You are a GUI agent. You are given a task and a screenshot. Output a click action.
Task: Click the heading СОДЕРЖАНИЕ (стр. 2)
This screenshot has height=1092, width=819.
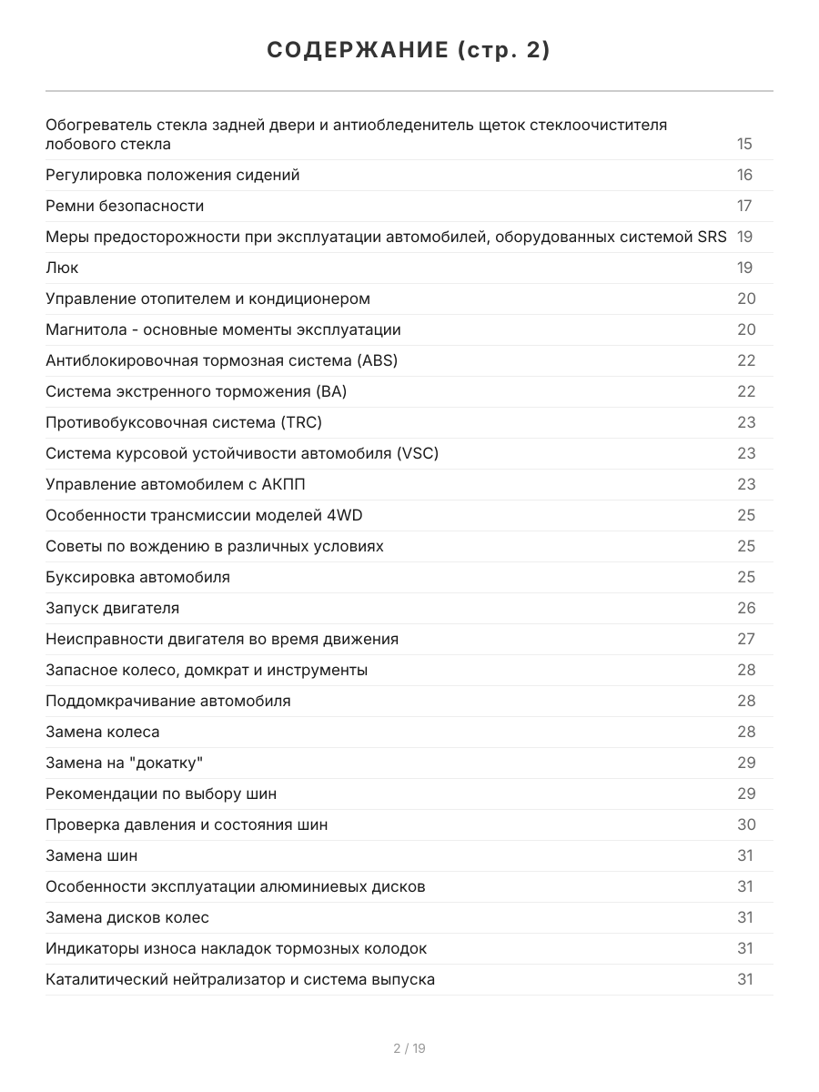[409, 51]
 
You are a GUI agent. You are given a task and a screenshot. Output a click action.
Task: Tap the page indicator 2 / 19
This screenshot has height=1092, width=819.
[409, 1048]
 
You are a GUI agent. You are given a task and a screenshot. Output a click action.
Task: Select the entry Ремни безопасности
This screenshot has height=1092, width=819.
[125, 207]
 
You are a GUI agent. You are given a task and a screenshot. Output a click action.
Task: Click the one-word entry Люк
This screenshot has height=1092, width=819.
[62, 268]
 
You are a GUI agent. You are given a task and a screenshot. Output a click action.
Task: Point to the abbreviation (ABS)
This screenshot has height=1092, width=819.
[378, 361]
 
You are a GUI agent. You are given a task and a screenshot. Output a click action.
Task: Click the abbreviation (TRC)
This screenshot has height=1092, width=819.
[301, 423]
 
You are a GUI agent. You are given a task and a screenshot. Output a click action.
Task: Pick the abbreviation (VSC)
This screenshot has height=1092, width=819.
[418, 454]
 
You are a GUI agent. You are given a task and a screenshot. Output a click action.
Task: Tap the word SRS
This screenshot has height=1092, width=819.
[712, 238]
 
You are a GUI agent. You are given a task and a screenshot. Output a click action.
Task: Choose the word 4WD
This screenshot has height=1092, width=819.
[344, 516]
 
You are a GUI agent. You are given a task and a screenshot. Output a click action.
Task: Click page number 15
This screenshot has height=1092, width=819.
[744, 145]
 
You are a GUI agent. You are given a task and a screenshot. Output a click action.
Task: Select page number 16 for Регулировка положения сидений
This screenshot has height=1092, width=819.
[744, 176]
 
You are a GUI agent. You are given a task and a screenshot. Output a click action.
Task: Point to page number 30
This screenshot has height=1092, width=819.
[745, 825]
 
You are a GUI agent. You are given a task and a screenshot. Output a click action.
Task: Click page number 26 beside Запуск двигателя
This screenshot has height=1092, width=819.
[745, 609]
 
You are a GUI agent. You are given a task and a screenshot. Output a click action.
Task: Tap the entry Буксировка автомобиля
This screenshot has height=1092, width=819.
[137, 578]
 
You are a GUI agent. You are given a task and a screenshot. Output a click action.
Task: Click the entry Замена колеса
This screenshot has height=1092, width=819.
[102, 733]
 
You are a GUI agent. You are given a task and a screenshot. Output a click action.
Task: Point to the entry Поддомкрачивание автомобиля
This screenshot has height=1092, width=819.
[168, 702]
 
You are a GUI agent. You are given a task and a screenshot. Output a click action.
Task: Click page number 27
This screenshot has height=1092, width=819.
[745, 640]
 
